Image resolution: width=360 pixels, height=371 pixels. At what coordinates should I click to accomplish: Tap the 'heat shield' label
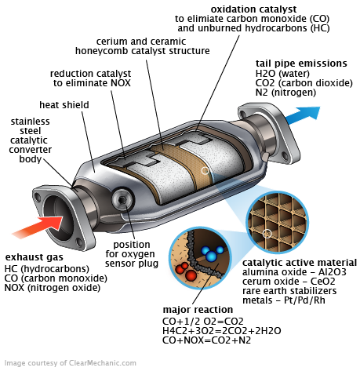64,104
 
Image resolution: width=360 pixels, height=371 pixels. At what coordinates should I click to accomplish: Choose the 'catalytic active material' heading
299,262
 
